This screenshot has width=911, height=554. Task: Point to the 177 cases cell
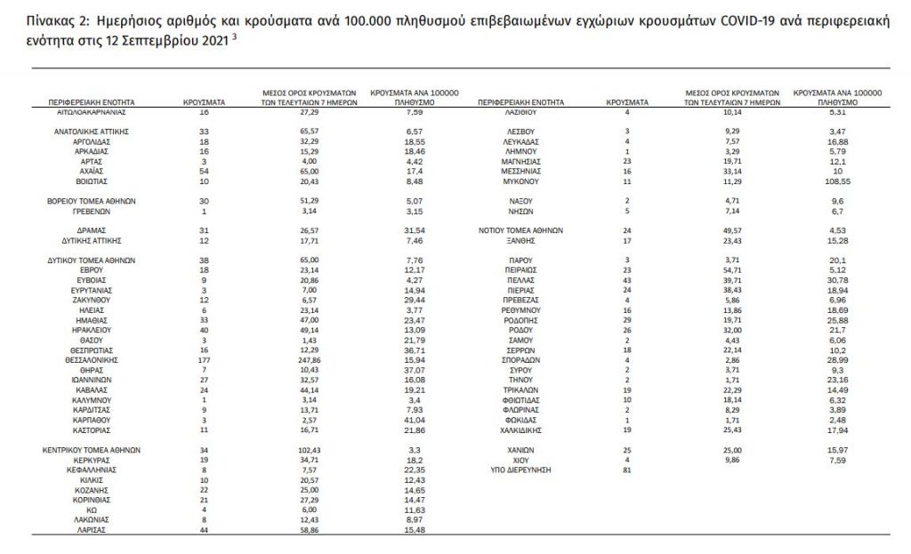tap(204, 359)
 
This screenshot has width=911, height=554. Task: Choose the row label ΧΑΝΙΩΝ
tap(520, 450)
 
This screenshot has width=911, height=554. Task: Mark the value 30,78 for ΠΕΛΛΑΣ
tap(837, 279)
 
